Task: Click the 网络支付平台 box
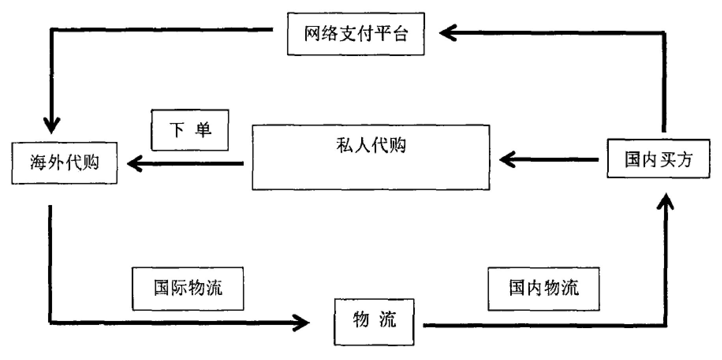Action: coord(356,34)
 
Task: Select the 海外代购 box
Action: coord(64,163)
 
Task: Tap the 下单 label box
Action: coord(190,130)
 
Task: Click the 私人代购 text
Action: coord(371,145)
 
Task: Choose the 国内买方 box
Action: coord(658,159)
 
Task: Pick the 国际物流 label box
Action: coord(188,289)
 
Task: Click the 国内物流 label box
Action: coord(543,289)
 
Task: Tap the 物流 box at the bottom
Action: coord(374,322)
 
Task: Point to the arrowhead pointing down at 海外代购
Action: coord(51,125)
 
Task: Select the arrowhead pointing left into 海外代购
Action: coord(134,163)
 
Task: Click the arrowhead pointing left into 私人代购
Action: coord(507,160)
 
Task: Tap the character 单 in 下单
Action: coord(203,130)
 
